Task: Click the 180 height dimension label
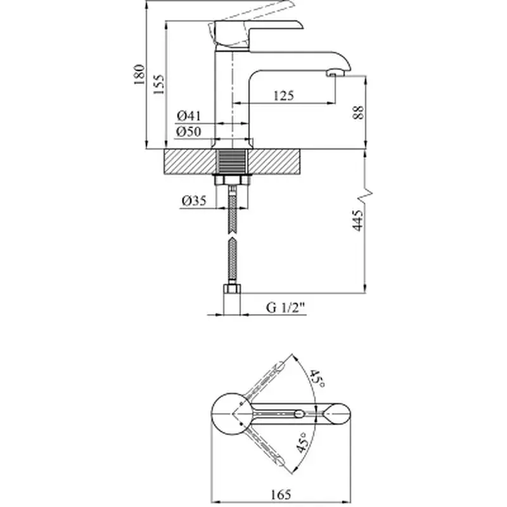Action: point(139,74)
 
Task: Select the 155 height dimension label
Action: point(159,84)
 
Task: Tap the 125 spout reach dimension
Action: point(284,96)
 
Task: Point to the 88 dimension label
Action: point(358,112)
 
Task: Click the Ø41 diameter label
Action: point(189,115)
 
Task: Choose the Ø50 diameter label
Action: point(188,132)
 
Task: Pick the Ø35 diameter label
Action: point(194,201)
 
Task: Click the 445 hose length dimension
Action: point(357,221)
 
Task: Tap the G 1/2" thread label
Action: point(286,307)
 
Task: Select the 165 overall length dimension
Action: point(281,494)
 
